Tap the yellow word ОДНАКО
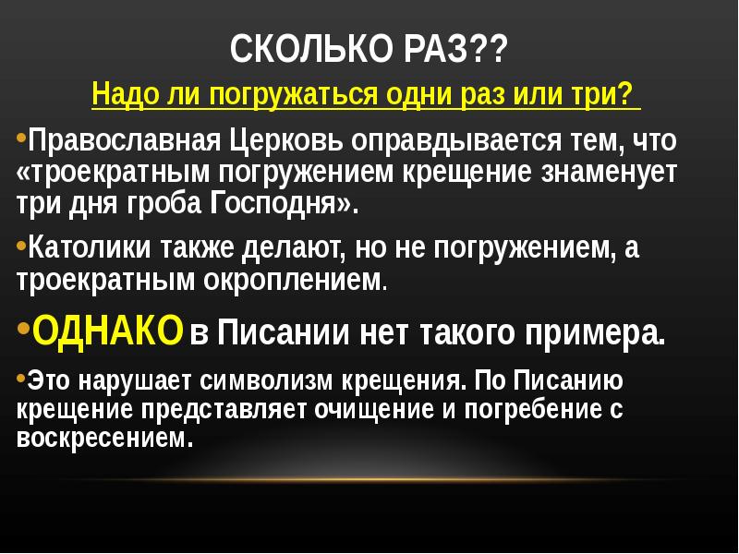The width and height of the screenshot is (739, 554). [108, 330]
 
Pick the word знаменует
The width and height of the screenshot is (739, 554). [614, 173]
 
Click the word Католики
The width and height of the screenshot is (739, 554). [83, 249]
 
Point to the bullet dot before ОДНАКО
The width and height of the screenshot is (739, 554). [23, 327]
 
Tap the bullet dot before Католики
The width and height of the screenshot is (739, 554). [22, 246]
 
